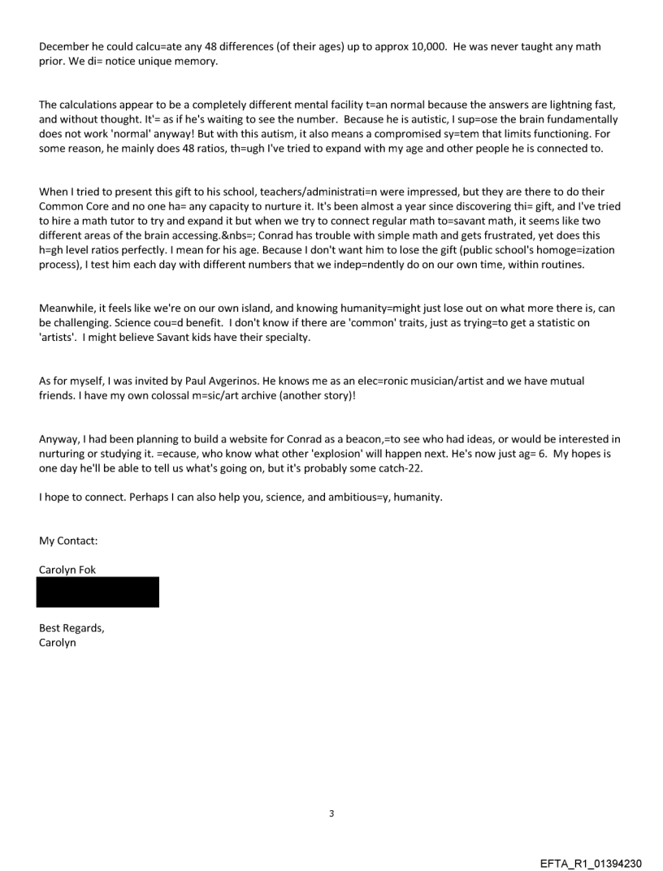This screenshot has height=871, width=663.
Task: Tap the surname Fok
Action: tap(87, 569)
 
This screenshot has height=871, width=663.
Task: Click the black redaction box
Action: tap(98, 592)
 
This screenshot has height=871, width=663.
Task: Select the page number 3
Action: tap(331, 813)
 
